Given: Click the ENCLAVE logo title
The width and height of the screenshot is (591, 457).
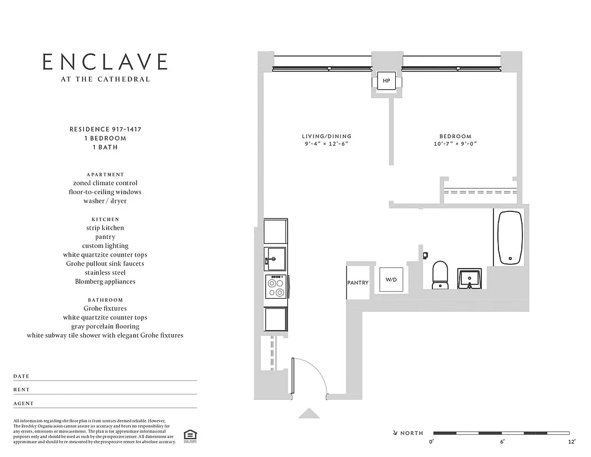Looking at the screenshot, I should tap(105, 62).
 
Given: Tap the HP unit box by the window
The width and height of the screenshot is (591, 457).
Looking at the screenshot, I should tap(387, 81).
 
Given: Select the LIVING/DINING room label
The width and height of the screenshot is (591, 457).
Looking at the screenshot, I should tap(327, 136).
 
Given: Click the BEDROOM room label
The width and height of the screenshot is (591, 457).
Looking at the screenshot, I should tap(455, 136).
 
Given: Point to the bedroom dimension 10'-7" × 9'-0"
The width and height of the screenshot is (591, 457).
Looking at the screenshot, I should tap(455, 144).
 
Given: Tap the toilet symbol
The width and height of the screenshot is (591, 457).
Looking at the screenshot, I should tap(440, 275).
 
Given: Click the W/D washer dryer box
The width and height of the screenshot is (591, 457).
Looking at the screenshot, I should tap(391, 280).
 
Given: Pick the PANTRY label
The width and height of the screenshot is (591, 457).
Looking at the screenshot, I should tap(358, 283).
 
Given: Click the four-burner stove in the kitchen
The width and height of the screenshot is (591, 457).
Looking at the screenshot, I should tap(276, 286).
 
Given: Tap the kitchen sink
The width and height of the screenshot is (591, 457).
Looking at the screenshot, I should tap(276, 259).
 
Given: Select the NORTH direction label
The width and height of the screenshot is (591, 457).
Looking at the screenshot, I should tap(411, 433).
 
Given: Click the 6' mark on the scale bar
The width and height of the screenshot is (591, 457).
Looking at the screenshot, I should tap(502, 442).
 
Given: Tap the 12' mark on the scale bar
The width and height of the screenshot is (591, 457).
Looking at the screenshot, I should tap(570, 442).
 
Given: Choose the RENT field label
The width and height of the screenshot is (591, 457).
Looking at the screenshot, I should tap(22, 390).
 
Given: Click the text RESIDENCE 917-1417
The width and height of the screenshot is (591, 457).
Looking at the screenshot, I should tap(105, 130).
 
